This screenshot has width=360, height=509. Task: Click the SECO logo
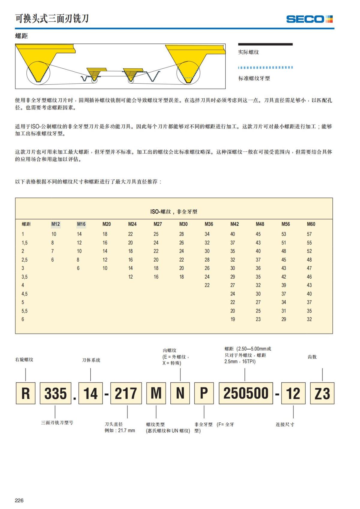[x=309, y=19]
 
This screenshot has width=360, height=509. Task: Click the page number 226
[x=19, y=500]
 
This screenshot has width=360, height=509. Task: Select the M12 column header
[x=55, y=224]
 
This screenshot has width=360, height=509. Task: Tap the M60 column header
[x=311, y=224]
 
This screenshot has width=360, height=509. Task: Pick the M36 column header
[x=209, y=224]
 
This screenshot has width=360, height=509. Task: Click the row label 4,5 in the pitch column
[x=25, y=294]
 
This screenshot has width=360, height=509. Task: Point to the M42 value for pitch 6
[x=233, y=319]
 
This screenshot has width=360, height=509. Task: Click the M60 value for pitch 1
[x=309, y=234]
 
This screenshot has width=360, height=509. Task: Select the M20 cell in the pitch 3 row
[x=105, y=268]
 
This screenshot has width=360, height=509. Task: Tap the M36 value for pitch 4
[x=207, y=285]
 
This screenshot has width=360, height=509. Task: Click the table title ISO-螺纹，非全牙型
[x=174, y=211]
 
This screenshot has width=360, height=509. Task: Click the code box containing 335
[x=55, y=393]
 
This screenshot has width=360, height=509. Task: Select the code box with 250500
[x=246, y=393]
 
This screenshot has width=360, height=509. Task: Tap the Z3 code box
[x=322, y=393]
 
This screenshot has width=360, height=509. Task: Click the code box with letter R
[x=25, y=393]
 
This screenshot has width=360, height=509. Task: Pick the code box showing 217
[x=126, y=393]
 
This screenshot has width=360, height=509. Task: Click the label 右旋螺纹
[x=24, y=359]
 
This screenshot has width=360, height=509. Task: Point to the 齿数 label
[x=312, y=357]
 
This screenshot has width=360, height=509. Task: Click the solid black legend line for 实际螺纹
[x=265, y=44]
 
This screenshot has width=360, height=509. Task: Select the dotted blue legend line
[x=265, y=67]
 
